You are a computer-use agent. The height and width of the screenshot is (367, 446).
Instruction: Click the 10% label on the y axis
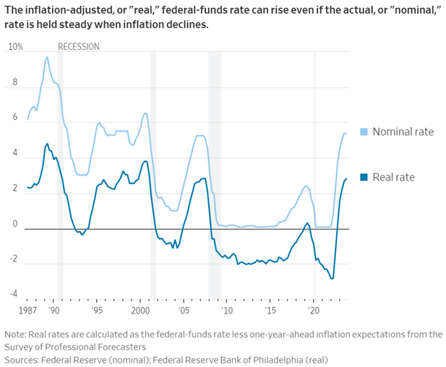14,47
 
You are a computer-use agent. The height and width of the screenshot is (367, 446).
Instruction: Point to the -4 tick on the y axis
13,293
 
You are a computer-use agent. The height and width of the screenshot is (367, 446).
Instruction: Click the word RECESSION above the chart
79,47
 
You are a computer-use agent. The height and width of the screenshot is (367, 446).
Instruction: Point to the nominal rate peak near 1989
47,57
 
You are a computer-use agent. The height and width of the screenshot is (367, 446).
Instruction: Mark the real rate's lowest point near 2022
332,278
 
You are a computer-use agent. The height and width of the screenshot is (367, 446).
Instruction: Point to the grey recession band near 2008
215,173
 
